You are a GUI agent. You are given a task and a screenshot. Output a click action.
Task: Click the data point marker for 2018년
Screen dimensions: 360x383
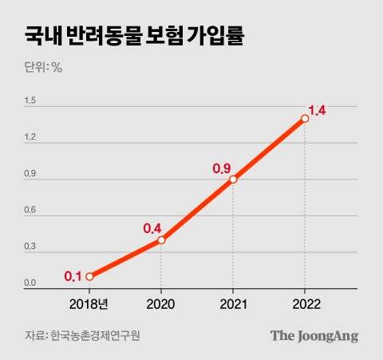click(x=89, y=276)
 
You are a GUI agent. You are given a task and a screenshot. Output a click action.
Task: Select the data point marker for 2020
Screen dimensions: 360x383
click(x=161, y=239)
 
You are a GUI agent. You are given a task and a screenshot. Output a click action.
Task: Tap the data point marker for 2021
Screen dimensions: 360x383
click(x=233, y=180)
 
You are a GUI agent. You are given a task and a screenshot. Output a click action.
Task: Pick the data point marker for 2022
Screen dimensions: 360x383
click(x=305, y=118)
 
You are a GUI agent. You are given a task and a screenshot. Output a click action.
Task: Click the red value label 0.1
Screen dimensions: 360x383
click(x=73, y=277)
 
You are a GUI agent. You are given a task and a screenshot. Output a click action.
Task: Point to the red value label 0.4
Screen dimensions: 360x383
click(x=152, y=228)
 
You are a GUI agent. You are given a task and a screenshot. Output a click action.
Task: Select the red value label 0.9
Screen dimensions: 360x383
click(x=221, y=168)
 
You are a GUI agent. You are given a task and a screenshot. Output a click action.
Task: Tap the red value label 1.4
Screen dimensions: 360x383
click(x=317, y=110)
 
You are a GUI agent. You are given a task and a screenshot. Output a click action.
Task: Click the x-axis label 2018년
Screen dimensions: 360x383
click(x=89, y=305)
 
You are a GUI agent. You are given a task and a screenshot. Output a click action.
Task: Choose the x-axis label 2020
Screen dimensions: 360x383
click(x=161, y=305)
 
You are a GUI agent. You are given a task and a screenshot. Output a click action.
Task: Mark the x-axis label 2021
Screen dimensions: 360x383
click(x=233, y=305)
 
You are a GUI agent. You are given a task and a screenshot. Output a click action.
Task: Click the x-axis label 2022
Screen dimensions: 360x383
click(x=305, y=305)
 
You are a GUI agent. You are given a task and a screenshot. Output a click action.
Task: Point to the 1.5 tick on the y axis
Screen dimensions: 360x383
click(x=30, y=100)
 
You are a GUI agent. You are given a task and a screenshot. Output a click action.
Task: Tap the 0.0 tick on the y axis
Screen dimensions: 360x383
click(x=30, y=283)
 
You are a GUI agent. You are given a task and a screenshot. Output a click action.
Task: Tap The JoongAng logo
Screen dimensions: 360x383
click(x=314, y=335)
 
